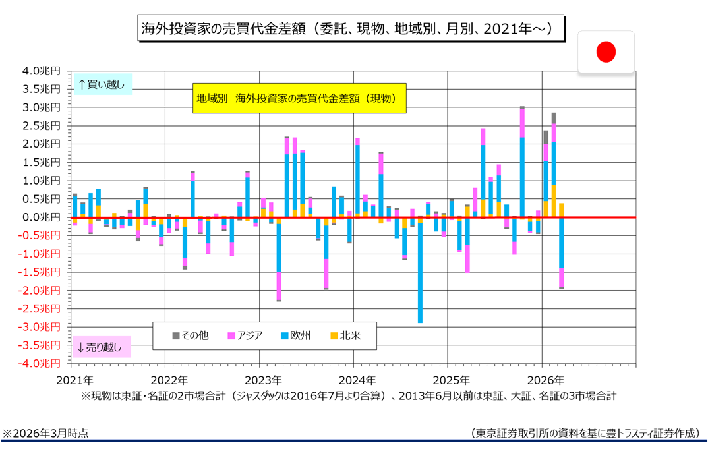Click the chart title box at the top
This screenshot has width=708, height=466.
point(351,29)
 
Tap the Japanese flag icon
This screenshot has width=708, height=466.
point(606,51)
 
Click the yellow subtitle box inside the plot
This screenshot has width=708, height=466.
point(299,98)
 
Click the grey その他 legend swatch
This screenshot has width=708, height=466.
point(176,335)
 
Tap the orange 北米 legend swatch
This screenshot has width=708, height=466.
point(334,335)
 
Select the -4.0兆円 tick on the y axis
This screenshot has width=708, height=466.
point(42,363)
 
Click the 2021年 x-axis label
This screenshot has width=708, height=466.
point(74,380)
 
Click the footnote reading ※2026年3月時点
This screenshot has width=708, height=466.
point(45,433)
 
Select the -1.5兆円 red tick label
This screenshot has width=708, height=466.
point(42,272)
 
